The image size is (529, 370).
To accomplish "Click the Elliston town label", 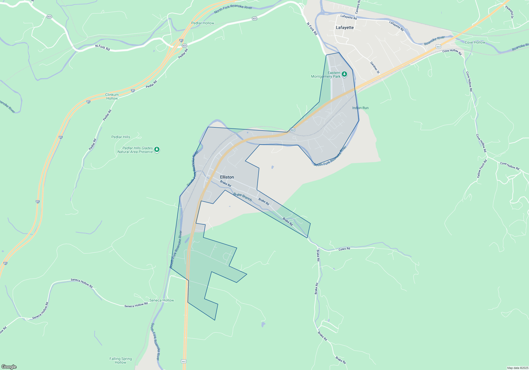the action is [227, 177].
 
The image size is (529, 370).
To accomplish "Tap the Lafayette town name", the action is [345, 27].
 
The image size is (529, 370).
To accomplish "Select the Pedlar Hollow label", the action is [203, 23].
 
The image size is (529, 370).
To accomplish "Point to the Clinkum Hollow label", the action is [112, 96].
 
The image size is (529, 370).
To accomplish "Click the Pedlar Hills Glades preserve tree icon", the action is [157, 150].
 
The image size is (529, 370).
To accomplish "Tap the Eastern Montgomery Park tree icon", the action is [344, 74].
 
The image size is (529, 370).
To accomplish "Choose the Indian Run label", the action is [360, 108].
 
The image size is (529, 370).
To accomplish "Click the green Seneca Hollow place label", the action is [162, 300].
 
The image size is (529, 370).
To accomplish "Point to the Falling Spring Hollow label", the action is [121, 360].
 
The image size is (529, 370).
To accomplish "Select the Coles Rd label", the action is [344, 249].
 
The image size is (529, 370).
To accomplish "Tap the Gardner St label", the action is [375, 68].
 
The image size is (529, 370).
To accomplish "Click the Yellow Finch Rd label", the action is [482, 169].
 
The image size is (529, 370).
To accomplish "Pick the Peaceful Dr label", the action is [509, 12].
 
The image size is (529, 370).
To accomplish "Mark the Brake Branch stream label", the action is [243, 197].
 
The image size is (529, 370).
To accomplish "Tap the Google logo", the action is [9, 367].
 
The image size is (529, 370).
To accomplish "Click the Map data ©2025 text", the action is [518, 368].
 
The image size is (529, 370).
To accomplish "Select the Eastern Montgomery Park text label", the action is [326, 75].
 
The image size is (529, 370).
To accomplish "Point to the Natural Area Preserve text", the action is [135, 152].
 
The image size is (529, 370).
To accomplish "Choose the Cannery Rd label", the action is [358, 7].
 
